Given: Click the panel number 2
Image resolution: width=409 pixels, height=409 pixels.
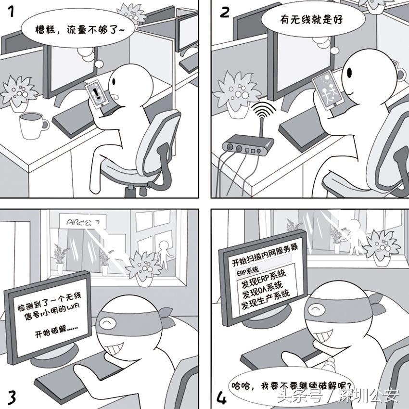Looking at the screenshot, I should click(224, 12).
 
